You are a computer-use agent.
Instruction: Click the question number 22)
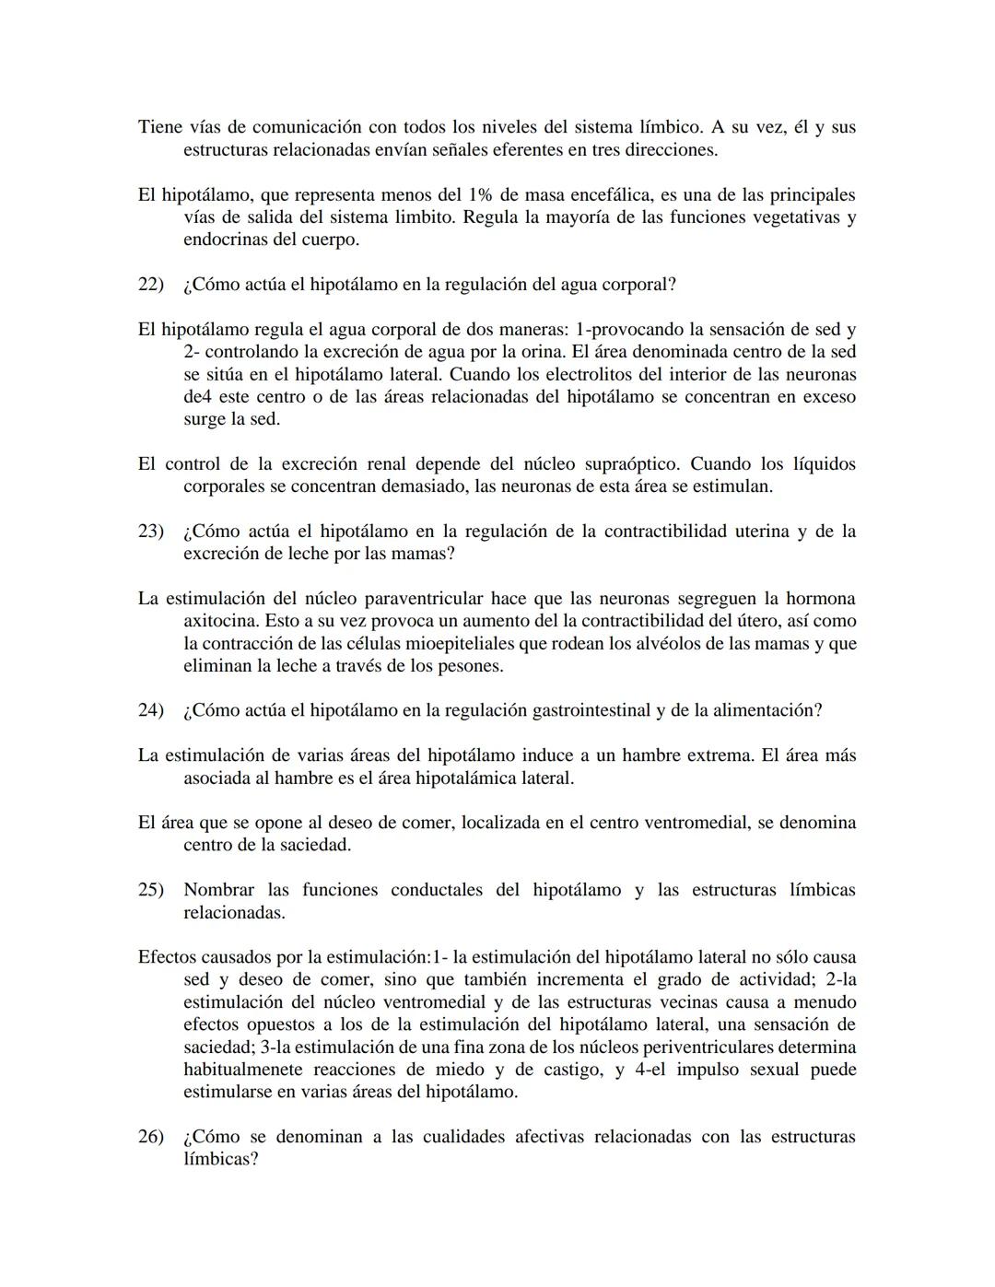coord(150,285)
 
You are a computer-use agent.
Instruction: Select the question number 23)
coord(150,532)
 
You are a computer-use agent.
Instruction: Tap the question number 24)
coord(150,710)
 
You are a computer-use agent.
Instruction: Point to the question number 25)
coord(150,890)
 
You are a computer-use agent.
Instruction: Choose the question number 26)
coord(150,1137)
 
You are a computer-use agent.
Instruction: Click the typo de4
coord(198,397)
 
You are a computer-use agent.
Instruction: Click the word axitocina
coord(221,621)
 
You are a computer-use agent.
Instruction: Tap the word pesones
coord(471,666)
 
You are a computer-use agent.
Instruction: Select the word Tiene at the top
coord(160,127)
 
